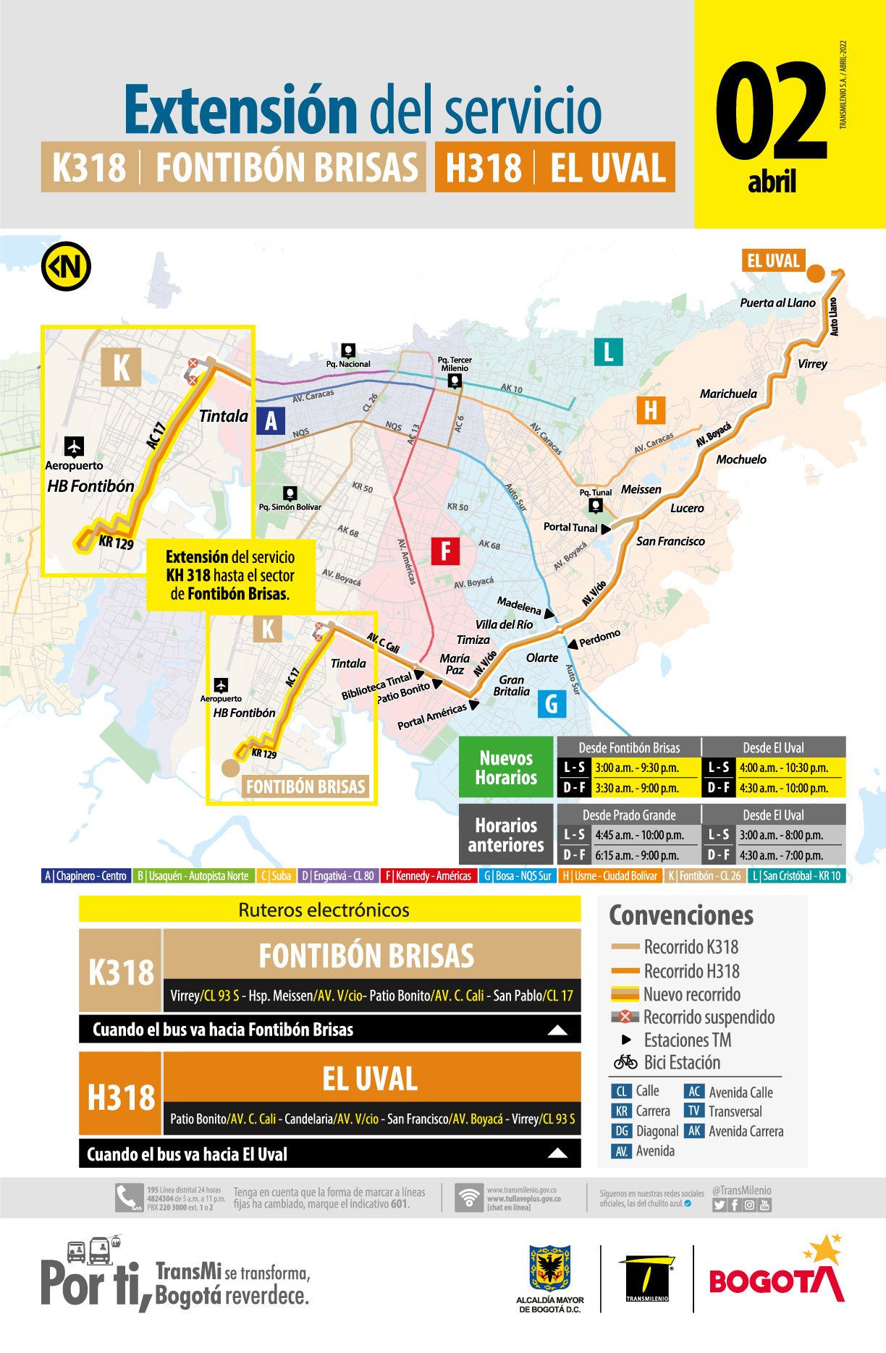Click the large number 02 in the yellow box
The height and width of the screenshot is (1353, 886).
point(772,112)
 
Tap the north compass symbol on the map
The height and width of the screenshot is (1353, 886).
point(66,266)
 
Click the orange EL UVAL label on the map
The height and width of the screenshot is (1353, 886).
point(773,260)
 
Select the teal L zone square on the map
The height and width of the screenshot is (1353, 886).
point(608,352)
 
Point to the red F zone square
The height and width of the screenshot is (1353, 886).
point(445,551)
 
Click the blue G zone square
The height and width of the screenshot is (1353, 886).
point(552,703)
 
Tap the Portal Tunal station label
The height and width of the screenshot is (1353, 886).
point(570,527)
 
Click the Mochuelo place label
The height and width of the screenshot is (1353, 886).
point(741,459)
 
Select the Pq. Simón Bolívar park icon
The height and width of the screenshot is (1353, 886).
point(290,493)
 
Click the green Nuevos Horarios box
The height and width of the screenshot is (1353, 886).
point(506,768)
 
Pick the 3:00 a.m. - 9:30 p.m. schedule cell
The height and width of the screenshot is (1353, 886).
point(637,768)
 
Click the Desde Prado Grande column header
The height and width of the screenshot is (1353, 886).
point(629,815)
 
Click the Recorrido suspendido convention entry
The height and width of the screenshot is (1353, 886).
point(708,1017)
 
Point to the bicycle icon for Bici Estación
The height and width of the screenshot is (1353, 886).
point(625,1062)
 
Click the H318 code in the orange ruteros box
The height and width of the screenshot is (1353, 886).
point(121,1098)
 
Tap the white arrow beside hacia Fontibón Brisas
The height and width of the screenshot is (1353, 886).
point(557,1030)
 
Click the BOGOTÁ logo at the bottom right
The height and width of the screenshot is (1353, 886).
point(777,1281)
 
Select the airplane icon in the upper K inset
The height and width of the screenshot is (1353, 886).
point(74,446)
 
